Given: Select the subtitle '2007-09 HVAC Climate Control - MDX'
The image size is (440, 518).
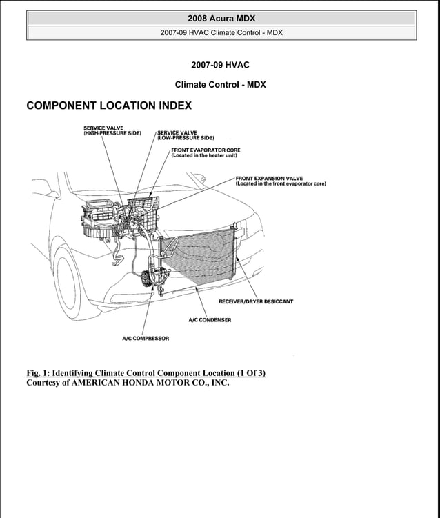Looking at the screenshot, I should (220, 32).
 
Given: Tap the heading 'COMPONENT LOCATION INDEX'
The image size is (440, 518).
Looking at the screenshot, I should (109, 106).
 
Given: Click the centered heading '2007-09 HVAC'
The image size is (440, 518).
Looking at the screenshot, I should (220, 65).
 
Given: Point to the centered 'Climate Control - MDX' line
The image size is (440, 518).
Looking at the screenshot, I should (220, 85).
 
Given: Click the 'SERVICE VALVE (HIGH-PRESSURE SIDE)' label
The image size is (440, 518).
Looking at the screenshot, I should (112, 130).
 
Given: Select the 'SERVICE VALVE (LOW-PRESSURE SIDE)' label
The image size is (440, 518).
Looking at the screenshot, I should (186, 135).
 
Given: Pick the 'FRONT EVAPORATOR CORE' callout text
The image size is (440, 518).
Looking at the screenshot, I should (206, 150).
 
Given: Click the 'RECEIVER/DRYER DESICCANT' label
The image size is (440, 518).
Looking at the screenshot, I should (255, 301).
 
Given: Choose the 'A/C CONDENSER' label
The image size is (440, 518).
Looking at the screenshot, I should (210, 320).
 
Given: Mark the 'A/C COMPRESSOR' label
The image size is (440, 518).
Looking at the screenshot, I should (146, 339).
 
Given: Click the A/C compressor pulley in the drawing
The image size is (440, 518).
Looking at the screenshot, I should (146, 280).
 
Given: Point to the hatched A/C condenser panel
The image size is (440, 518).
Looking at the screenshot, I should (200, 259).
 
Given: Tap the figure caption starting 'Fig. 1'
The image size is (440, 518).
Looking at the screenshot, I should (146, 373).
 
